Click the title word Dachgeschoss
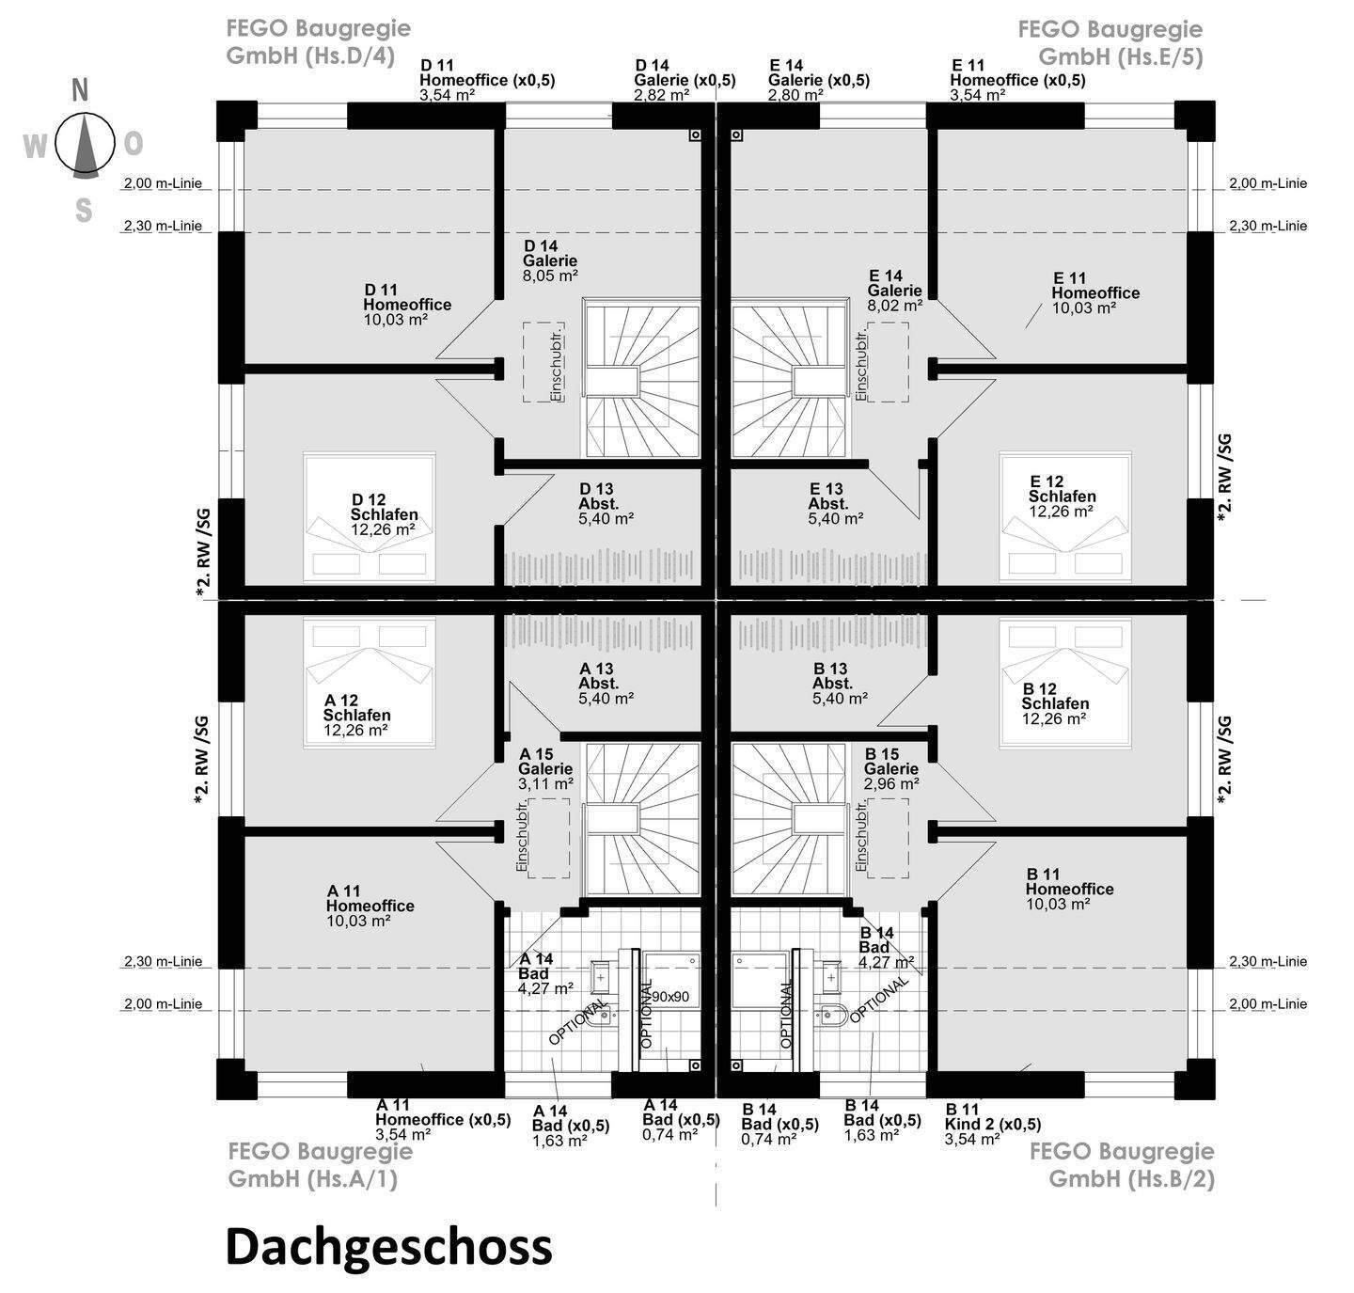388,1247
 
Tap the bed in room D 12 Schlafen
369,517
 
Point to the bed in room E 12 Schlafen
1065,517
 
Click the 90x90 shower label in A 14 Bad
670,996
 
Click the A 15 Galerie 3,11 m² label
546,768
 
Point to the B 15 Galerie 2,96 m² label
891,768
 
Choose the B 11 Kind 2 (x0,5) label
992,1124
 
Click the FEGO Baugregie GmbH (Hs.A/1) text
320,1164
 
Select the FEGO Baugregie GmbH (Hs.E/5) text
1110,43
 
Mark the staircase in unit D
641,377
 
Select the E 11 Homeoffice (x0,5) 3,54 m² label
1016,80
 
